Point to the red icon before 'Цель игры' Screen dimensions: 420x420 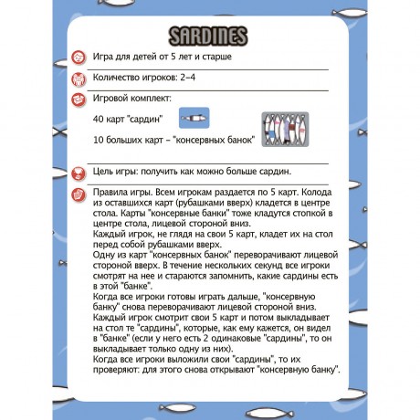[80, 171]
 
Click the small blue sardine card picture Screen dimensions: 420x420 [194, 119]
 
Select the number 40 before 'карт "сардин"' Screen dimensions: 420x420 [100, 119]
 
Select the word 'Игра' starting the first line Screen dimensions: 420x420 [105, 57]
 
